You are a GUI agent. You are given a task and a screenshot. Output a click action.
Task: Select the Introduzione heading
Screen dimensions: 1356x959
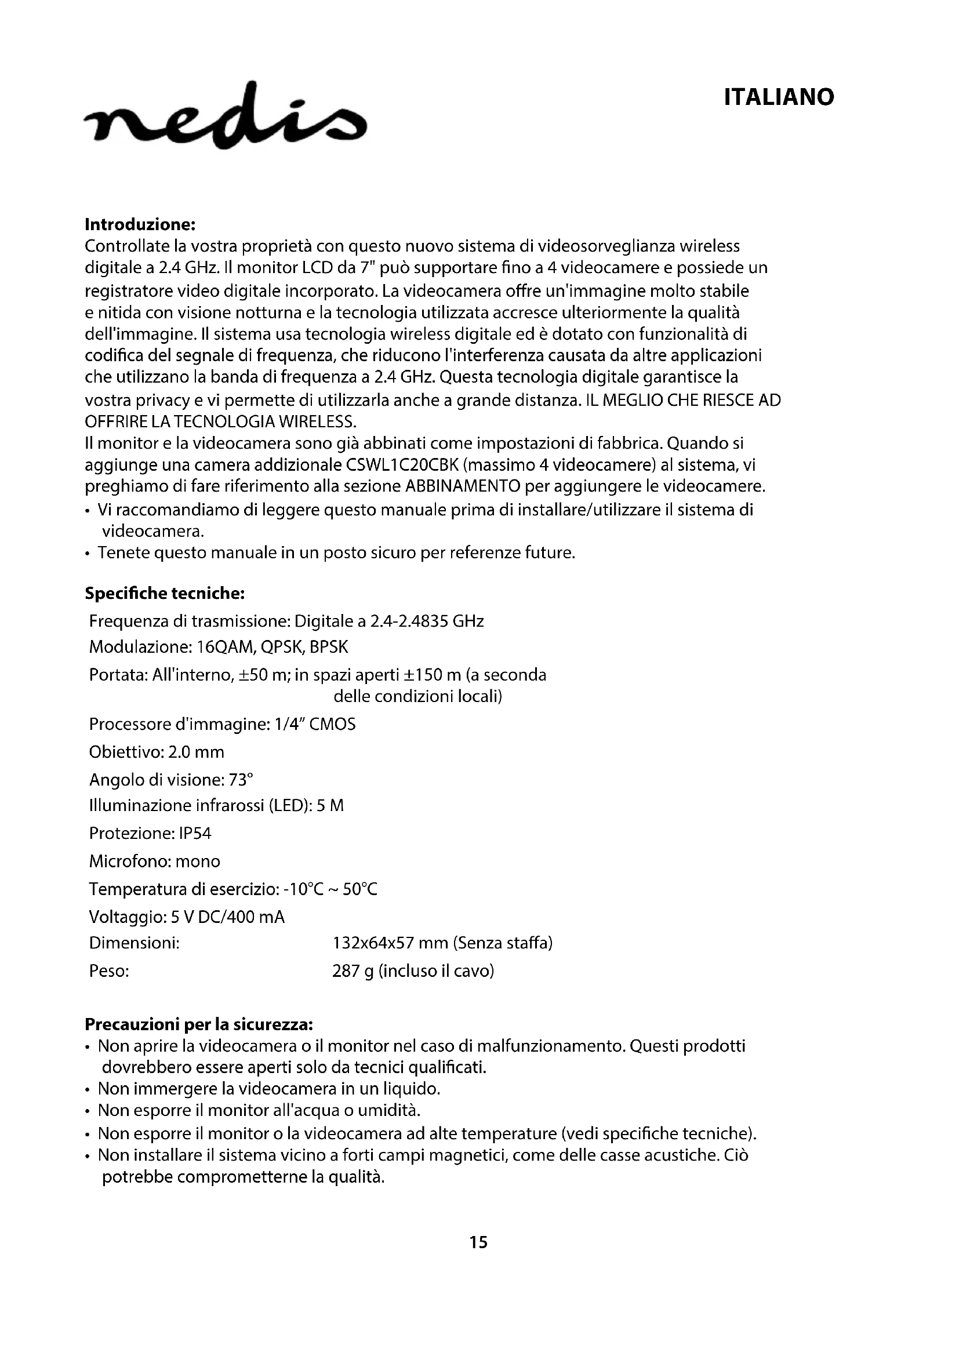point(140,224)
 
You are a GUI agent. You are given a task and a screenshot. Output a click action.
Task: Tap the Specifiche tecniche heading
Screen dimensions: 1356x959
point(165,594)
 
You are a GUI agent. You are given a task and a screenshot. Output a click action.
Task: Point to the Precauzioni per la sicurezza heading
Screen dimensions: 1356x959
point(198,1023)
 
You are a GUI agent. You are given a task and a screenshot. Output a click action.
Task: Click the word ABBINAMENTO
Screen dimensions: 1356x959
point(462,486)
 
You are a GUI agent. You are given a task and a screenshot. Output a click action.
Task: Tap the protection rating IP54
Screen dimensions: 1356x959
point(193,833)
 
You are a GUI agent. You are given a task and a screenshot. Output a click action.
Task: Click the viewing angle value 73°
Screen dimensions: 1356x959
point(241,780)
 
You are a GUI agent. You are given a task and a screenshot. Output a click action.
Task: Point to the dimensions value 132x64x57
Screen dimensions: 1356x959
point(373,943)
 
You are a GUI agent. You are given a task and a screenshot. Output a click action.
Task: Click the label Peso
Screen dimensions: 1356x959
point(109,971)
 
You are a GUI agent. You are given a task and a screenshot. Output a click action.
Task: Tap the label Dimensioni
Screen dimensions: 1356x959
point(134,943)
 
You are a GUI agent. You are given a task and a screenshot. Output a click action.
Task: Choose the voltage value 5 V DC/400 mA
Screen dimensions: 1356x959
point(227,917)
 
